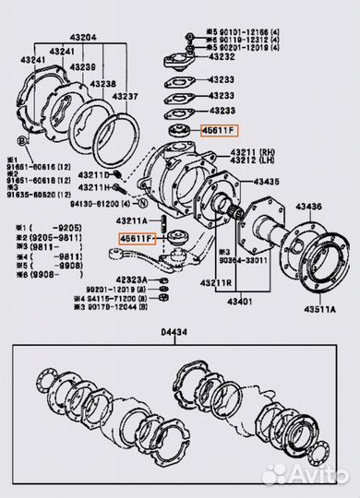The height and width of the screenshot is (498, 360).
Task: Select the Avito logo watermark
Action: click(309, 474)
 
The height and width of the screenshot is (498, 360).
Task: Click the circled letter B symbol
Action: click(19, 138)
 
